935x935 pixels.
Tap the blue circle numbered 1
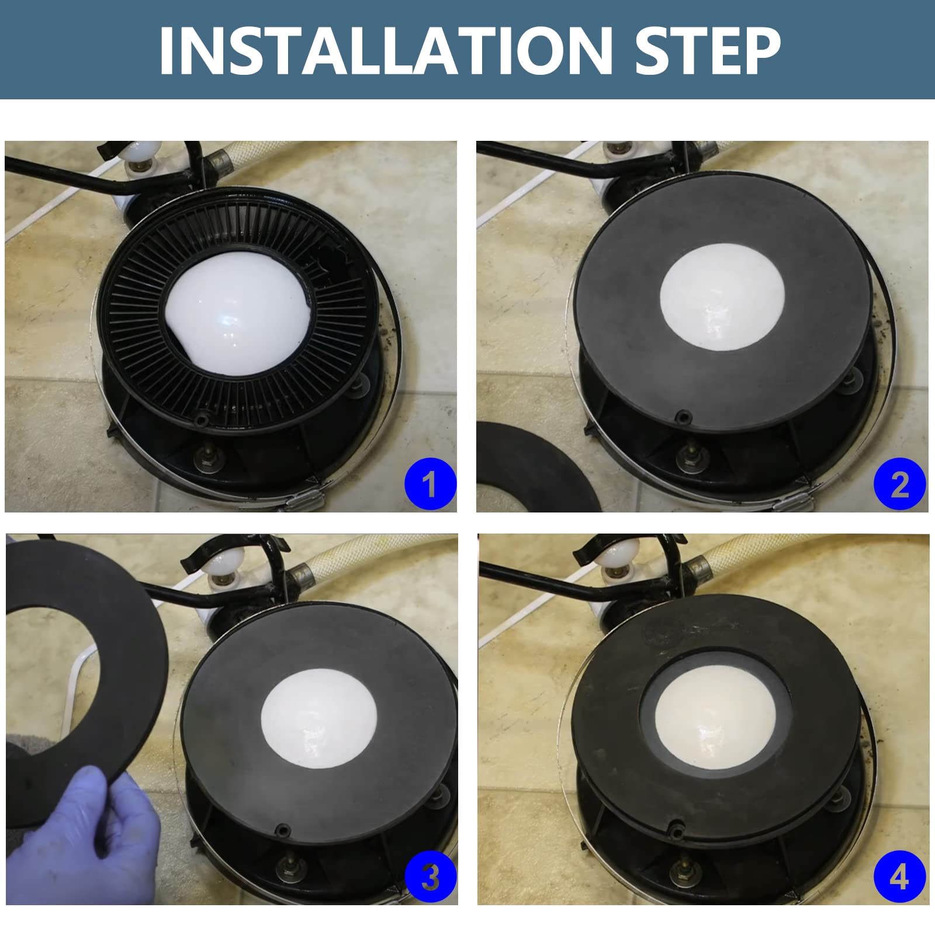430,483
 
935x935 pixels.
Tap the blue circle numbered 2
899,483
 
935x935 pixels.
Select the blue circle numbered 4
899,877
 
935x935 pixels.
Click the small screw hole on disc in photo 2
681,417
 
